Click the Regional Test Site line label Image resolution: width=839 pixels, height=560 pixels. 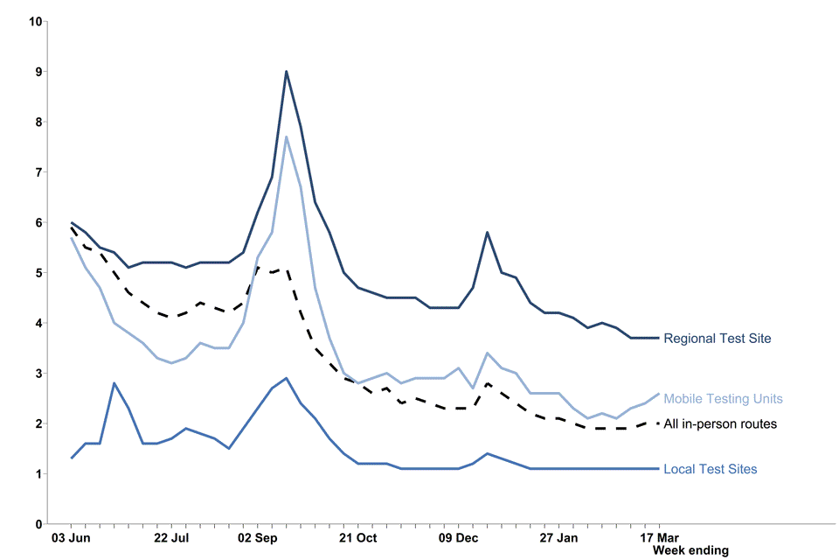[x=718, y=339]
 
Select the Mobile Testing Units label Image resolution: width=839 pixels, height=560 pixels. [x=722, y=399]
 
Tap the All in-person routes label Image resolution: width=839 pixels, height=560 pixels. [x=720, y=424]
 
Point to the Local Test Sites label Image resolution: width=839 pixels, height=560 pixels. [x=711, y=470]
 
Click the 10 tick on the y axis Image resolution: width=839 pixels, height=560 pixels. [x=35, y=20]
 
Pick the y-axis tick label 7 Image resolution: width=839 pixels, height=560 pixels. [x=38, y=171]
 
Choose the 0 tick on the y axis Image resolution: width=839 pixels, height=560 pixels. [x=38, y=524]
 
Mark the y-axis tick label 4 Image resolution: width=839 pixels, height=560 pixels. [x=38, y=323]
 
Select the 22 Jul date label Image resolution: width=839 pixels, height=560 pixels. [x=170, y=537]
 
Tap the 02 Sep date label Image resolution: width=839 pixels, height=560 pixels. [x=257, y=537]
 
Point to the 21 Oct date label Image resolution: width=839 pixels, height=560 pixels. [x=357, y=537]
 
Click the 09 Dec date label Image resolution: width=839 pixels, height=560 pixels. [x=458, y=537]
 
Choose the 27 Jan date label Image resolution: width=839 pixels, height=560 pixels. [x=558, y=537]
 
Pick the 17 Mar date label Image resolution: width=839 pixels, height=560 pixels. [x=659, y=537]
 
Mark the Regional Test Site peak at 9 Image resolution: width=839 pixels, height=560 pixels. [x=286, y=72]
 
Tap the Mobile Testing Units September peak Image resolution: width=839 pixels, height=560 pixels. [x=286, y=136]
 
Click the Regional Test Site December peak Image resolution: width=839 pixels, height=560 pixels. [x=487, y=233]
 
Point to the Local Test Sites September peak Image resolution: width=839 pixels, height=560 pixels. [x=286, y=379]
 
